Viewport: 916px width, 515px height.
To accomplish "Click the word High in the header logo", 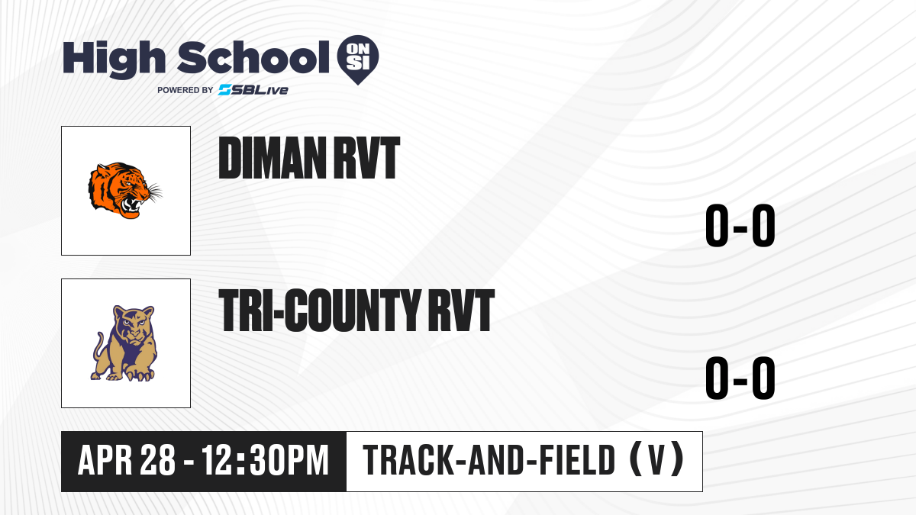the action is pyautogui.click(x=114, y=60).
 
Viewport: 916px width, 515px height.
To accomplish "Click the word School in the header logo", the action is pyautogui.click(x=253, y=57).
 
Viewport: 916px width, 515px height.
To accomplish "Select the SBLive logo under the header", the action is pyautogui.click(x=253, y=90).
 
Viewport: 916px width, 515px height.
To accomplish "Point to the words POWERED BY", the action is pyautogui.click(x=185, y=90).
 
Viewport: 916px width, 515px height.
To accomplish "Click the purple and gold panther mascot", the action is pyautogui.click(x=124, y=343).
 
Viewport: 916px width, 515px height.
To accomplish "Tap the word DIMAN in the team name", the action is pyautogui.click(x=273, y=158).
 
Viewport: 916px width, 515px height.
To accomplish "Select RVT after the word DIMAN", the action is pyautogui.click(x=367, y=158).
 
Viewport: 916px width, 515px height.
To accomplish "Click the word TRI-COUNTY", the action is pyautogui.click(x=320, y=310).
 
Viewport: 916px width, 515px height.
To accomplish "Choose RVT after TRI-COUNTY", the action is pyautogui.click(x=462, y=310).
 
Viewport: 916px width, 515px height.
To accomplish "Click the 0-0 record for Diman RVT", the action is pyautogui.click(x=740, y=225).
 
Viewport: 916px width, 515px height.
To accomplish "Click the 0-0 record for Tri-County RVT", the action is pyautogui.click(x=740, y=378).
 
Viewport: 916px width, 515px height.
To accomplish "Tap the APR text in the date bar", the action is pyautogui.click(x=105, y=461).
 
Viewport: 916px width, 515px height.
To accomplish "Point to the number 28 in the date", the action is pyautogui.click(x=158, y=461).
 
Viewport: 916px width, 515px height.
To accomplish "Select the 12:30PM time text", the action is pyautogui.click(x=266, y=461).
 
